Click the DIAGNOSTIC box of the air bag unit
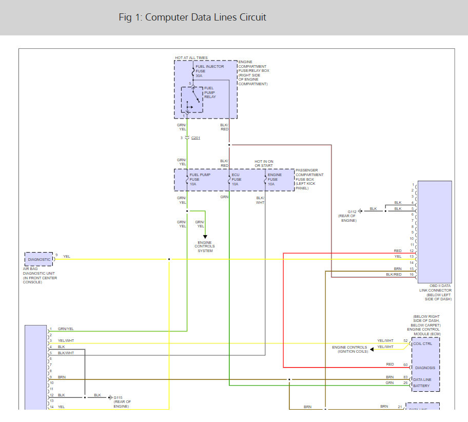pyautogui.click(x=39, y=259)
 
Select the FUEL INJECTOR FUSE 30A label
pyautogui.click(x=209, y=71)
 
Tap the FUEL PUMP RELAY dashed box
pyautogui.click(x=192, y=100)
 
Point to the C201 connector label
pyautogui.click(x=196, y=138)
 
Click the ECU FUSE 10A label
pyautogui.click(x=237, y=180)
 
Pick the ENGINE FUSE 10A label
pyautogui.click(x=275, y=180)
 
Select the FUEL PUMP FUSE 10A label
pyautogui.click(x=200, y=180)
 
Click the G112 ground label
pyautogui.click(x=352, y=212)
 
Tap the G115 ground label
pyautogui.click(x=118, y=397)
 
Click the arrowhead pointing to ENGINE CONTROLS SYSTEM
pyautogui.click(x=205, y=237)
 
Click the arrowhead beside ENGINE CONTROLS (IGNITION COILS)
pyautogui.click(x=372, y=349)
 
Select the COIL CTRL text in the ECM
pyautogui.click(x=423, y=344)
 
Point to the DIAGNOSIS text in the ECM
pyautogui.click(x=425, y=368)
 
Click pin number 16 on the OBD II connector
pyautogui.click(x=412, y=275)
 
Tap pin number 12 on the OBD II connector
pyautogui.click(x=412, y=251)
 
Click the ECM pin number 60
pyautogui.click(x=405, y=365)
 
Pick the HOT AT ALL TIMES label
pyautogui.click(x=191, y=57)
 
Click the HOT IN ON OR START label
pyautogui.click(x=264, y=163)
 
